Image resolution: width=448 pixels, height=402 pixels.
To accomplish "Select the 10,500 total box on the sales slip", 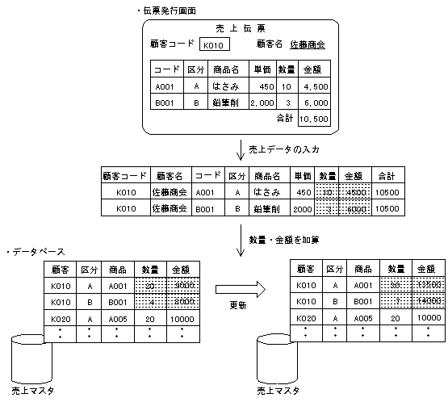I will (x=313, y=119).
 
